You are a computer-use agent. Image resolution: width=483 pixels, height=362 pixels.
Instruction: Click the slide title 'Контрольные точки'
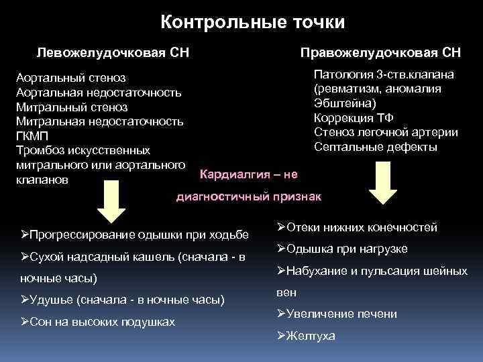tap(253, 23)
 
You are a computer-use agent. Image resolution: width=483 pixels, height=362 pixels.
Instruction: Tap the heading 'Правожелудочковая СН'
tap(380, 52)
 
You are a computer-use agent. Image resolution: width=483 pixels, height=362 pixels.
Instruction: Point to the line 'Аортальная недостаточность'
tap(98, 93)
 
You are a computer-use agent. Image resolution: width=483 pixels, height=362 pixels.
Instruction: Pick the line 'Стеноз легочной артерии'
tap(386, 132)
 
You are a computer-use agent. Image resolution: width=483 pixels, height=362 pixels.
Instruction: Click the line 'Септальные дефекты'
tap(375, 147)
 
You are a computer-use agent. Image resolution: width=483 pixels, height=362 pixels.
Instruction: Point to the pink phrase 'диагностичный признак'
tap(249, 196)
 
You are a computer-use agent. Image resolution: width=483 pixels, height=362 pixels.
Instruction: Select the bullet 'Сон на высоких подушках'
tap(98, 322)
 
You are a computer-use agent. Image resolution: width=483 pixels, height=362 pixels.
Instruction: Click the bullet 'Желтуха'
tap(306, 336)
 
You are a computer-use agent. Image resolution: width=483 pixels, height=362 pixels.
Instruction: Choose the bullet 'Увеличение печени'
tap(337, 314)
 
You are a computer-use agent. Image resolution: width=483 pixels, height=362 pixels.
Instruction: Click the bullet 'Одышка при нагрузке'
tap(342, 249)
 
